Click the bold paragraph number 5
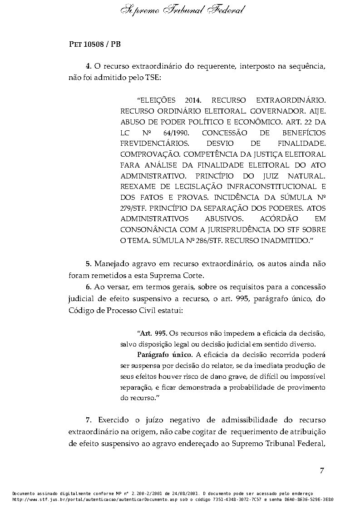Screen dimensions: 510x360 coord(88,264)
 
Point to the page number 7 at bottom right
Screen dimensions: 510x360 coord(321,470)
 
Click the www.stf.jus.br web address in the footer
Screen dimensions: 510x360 coord(48,498)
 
